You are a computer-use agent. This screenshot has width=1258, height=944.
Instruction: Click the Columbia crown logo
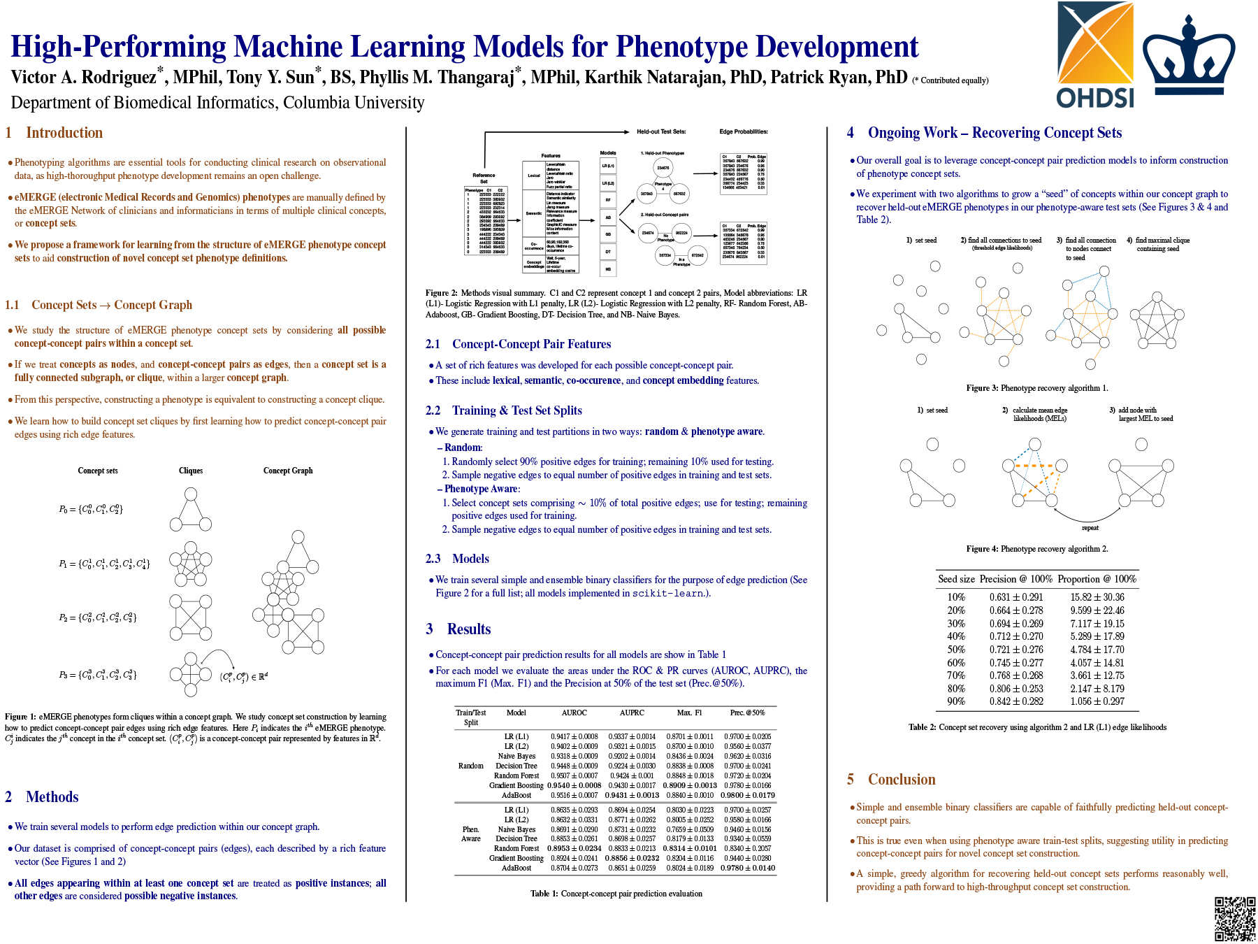pos(1188,59)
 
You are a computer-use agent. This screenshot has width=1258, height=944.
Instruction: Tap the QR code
pos(1235,918)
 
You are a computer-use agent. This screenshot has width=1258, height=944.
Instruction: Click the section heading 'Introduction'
pos(64,133)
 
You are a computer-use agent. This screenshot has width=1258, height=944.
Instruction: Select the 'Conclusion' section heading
pos(902,780)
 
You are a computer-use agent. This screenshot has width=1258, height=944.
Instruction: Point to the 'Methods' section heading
pos(52,797)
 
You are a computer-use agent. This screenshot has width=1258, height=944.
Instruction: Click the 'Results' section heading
pos(469,629)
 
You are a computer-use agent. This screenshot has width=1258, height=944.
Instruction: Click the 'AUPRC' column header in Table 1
pos(632,713)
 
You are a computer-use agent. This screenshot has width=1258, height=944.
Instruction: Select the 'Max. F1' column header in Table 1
pos(689,713)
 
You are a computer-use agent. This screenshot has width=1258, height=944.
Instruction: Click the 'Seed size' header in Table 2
pos(956,579)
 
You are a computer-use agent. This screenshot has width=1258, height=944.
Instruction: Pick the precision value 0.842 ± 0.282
pos(1016,701)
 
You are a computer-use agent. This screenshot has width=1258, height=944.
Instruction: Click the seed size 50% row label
pos(956,650)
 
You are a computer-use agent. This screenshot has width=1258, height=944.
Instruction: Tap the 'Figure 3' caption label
pos(982,388)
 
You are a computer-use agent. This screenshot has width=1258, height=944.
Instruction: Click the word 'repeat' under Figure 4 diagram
pos(1090,528)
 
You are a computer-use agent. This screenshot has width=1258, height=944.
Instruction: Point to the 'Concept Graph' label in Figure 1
pos(288,471)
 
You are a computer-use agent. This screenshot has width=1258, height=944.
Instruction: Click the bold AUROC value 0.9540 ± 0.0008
pos(574,785)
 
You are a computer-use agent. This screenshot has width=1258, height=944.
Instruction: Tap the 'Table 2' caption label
pos(922,727)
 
